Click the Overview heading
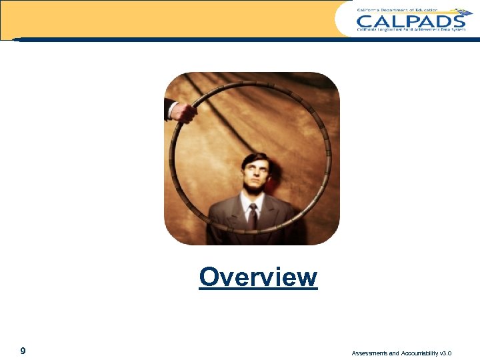tap(258, 277)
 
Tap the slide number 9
tap(23, 351)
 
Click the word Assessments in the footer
tap(370, 353)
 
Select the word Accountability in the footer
tap(419, 353)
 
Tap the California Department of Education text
tap(397, 10)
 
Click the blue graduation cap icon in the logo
tap(461, 13)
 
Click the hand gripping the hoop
tap(183, 113)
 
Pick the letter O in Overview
tap(209, 277)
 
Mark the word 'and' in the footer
tap(394, 353)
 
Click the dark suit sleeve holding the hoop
tap(166, 109)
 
